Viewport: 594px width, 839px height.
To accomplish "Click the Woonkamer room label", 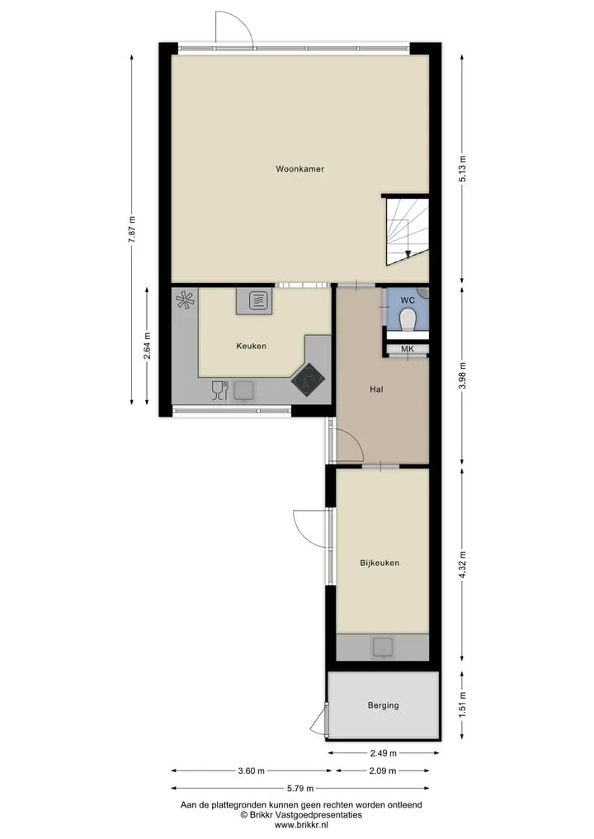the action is pos(299,169).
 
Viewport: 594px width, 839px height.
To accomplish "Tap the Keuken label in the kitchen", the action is pos(251,346).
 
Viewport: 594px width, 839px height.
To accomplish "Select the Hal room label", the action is pos(376,389).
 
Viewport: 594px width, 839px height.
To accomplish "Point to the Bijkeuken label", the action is pos(379,563).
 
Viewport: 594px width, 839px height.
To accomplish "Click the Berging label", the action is pos(383,705).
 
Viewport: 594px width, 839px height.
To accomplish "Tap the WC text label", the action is pos(408,301).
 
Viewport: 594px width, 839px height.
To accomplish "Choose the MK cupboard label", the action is pos(408,349).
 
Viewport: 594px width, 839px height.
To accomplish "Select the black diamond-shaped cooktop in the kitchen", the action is pos(308,380).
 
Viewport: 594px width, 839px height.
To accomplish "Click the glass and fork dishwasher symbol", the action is pos(220,390).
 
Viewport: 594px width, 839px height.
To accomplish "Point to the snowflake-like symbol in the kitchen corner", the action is pos(185,299).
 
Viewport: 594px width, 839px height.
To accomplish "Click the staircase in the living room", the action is pos(408,230).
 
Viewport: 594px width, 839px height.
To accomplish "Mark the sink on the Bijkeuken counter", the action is pos(383,647).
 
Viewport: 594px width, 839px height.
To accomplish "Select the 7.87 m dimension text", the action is pos(132,229).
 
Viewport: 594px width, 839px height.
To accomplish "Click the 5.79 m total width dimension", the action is pos(300,788).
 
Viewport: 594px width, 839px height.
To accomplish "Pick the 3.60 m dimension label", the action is pos(251,771).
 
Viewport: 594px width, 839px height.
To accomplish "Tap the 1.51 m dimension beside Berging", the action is pos(463,705).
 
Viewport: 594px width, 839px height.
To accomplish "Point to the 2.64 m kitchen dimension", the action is pos(147,346).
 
